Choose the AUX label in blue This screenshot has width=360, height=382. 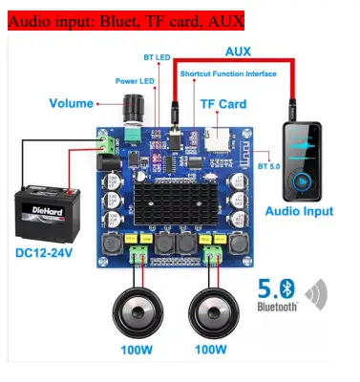tap(238, 51)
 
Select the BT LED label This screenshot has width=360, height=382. tap(156, 57)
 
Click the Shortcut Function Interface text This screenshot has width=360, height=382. tap(229, 74)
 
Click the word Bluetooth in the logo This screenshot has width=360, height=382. tap(277, 306)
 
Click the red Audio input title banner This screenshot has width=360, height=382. tap(126, 19)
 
